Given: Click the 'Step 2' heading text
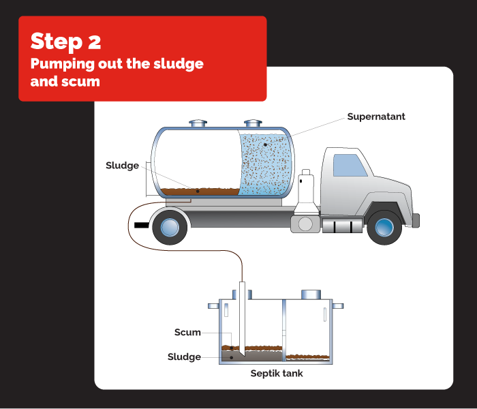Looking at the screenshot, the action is point(65,41).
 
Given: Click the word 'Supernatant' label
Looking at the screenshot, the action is point(376,117).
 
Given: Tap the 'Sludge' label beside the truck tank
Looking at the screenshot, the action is point(122,166).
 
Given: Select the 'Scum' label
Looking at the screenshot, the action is point(187,332).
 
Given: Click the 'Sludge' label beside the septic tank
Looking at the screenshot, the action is point(184,357).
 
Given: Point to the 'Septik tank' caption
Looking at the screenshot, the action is point(277,374).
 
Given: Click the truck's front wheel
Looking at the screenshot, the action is point(384,227).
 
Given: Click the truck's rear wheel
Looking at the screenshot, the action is point(170,227).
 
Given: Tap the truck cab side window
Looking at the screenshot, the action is point(350,165).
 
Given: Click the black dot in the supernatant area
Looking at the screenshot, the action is point(265,145).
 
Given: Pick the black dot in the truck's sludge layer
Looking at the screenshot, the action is point(198,191).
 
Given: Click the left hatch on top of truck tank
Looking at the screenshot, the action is point(198,123).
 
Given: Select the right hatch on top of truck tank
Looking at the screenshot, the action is point(253,123).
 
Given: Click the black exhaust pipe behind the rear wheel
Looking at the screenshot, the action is point(142,225).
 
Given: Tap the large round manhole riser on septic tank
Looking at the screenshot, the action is point(311,294).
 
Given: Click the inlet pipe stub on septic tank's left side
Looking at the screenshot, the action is point(213,306).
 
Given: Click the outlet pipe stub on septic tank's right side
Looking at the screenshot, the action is point(338,306).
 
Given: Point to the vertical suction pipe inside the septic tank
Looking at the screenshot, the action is point(242,318).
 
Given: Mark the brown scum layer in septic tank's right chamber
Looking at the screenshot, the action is point(308,357).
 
